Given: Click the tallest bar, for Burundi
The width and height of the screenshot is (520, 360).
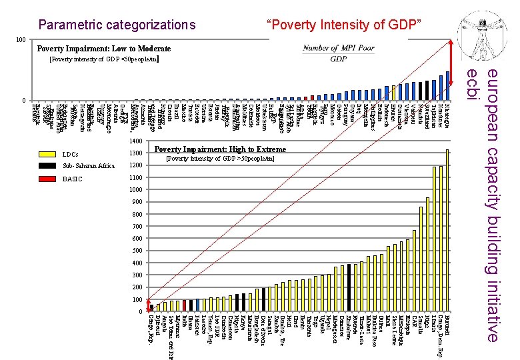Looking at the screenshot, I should point(447,231).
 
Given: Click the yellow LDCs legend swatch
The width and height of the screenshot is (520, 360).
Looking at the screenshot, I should point(47,154).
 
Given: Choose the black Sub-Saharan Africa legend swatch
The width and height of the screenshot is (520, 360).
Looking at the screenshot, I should point(47,166).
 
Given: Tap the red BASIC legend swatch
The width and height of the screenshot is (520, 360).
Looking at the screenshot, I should point(47,179).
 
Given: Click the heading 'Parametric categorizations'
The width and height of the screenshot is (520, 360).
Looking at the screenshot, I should point(117,26).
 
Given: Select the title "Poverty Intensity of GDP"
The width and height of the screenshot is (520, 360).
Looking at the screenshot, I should point(344,25).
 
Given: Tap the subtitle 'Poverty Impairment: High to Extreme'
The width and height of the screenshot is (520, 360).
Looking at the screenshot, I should point(219,149).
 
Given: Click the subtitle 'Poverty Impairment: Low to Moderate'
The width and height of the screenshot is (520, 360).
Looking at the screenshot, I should point(104,49).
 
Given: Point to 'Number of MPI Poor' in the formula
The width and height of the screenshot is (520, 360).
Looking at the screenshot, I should point(339,48).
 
